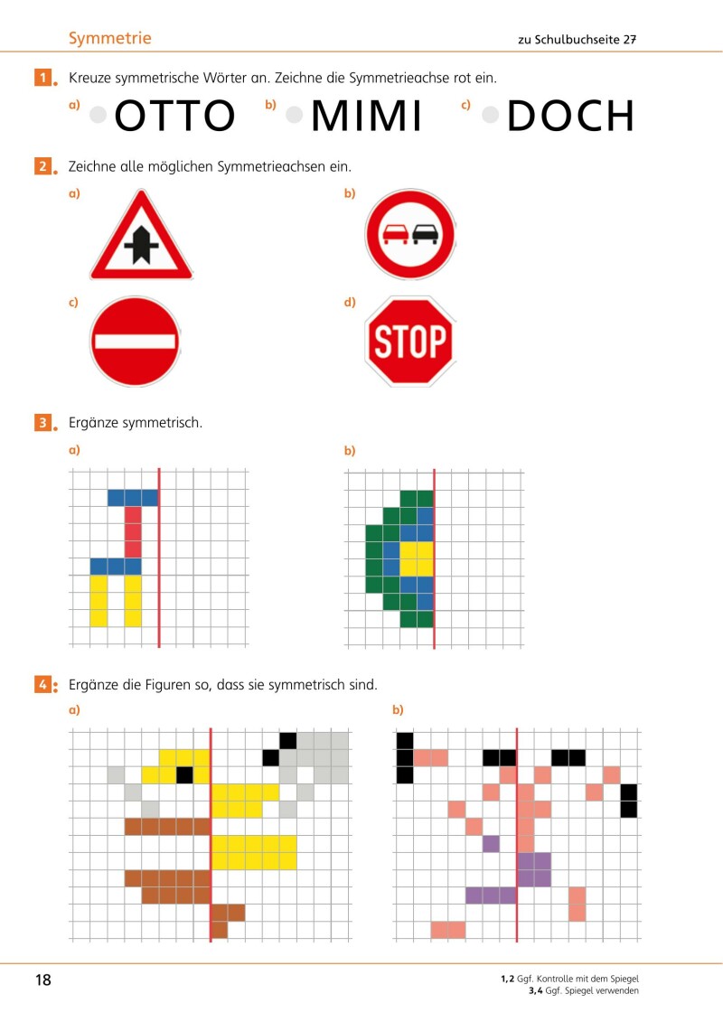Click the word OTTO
click(x=175, y=117)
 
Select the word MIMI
click(x=366, y=117)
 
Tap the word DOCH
click(x=570, y=117)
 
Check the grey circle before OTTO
click(x=99, y=115)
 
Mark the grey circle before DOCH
click(x=491, y=115)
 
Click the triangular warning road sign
click(x=141, y=237)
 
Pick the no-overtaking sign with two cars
click(x=409, y=235)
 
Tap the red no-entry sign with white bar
click(x=134, y=342)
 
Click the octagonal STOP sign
click(x=409, y=342)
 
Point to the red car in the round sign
click(x=396, y=235)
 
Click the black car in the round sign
click(x=423, y=235)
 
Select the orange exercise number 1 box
click(x=42, y=78)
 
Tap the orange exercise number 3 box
click(x=42, y=422)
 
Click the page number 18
click(x=43, y=980)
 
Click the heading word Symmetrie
click(x=109, y=38)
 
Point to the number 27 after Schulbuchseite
click(x=630, y=40)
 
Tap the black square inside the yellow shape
click(x=184, y=774)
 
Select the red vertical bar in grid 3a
click(x=133, y=532)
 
